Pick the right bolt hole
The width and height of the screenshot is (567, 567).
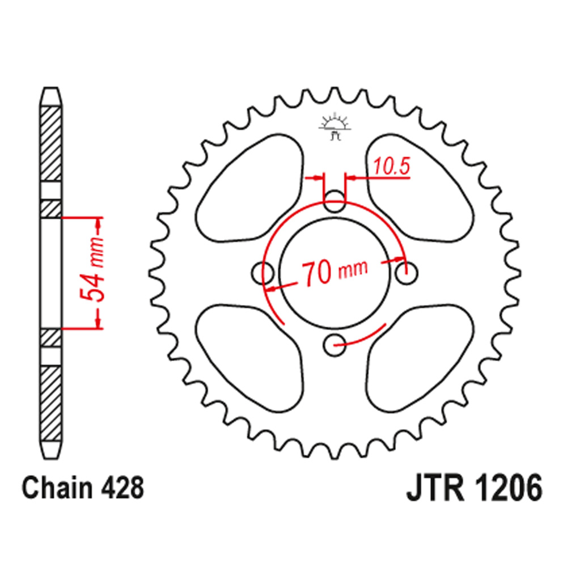(x=406, y=274)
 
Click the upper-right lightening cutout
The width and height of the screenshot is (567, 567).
(x=420, y=190)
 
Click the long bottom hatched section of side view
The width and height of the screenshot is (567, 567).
(x=51, y=405)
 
